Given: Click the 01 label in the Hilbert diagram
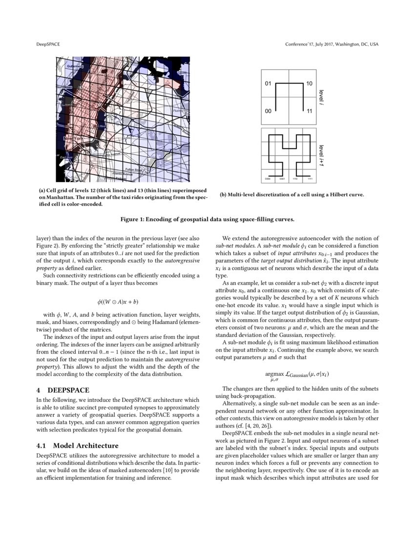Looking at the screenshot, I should point(268,84).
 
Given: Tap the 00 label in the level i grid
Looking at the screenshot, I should point(268,112).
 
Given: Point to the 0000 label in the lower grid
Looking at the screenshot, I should point(268,179).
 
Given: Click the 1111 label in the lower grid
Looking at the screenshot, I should point(309,179).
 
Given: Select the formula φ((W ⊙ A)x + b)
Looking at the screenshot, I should point(118,302).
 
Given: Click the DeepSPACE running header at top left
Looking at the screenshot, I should point(48,44).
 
